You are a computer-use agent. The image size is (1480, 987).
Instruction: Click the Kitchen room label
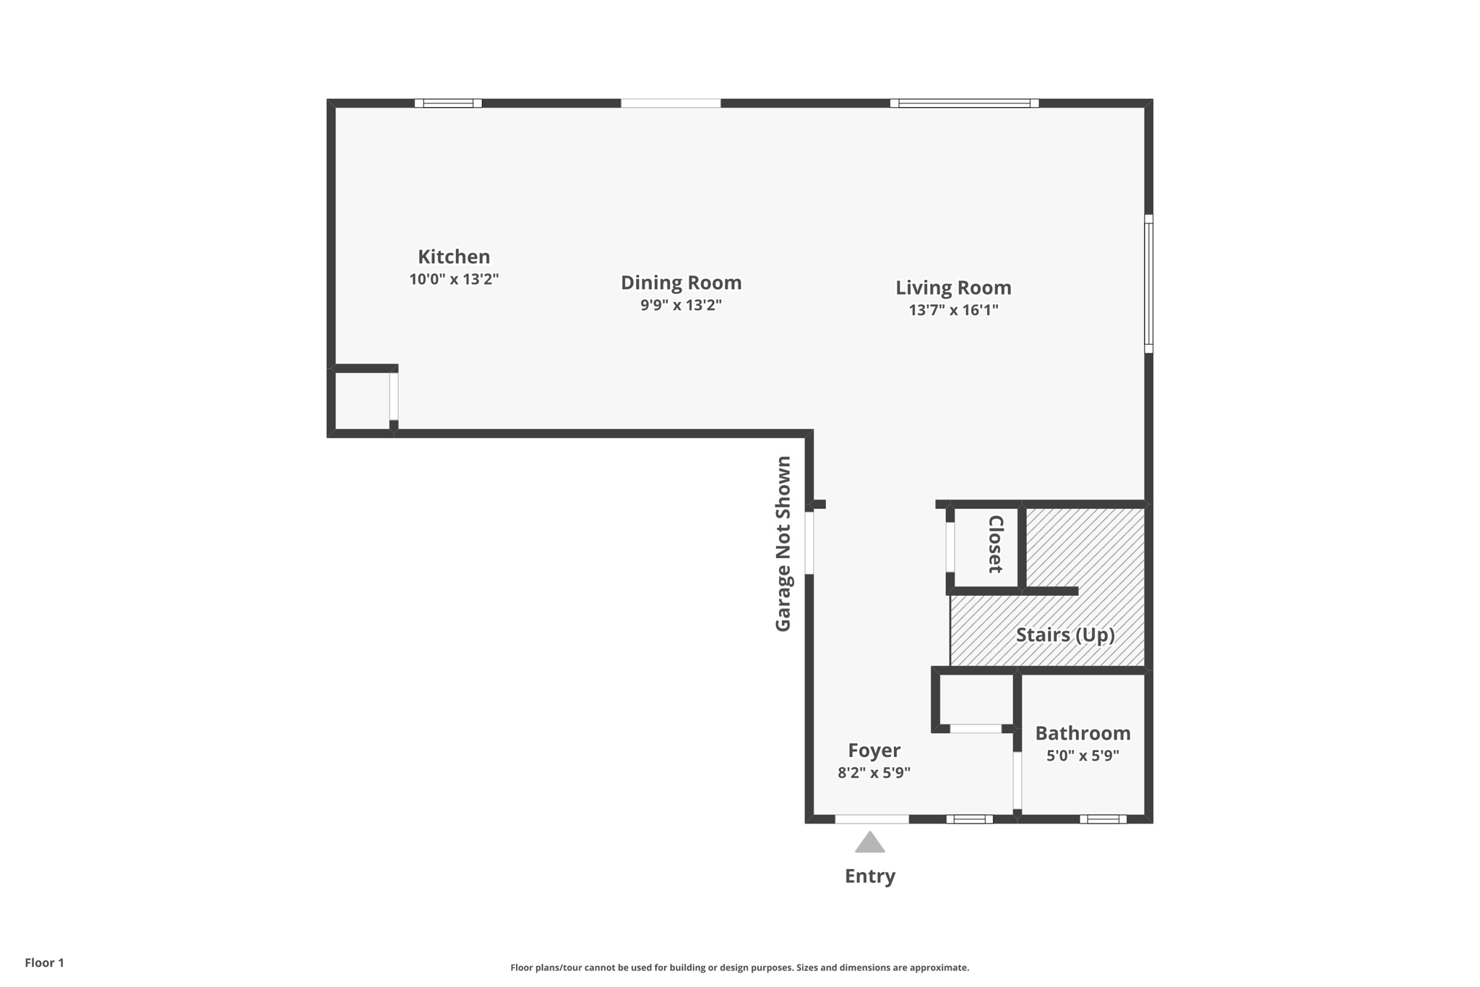click(x=454, y=257)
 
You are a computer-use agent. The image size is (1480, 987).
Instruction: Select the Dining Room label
click(x=681, y=283)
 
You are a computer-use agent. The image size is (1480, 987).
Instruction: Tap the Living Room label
click(x=953, y=288)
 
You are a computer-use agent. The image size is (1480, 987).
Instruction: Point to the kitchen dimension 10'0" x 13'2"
click(x=454, y=279)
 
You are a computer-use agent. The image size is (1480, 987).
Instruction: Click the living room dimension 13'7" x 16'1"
click(x=953, y=310)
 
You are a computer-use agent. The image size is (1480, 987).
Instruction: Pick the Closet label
click(x=995, y=544)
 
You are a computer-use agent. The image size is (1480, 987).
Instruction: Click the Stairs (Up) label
click(x=1064, y=635)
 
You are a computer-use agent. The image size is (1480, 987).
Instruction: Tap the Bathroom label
click(x=1083, y=733)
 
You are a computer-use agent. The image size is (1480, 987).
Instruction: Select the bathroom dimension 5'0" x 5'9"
click(x=1083, y=756)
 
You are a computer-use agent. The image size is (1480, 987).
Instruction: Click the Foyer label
click(x=874, y=751)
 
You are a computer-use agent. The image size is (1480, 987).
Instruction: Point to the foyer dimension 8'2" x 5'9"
click(x=874, y=773)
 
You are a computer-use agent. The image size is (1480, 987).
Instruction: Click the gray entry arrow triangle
click(x=870, y=843)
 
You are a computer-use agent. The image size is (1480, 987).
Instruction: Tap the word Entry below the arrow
click(x=870, y=876)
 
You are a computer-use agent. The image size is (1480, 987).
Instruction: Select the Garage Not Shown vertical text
click(x=783, y=544)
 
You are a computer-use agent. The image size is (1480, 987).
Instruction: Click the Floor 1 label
click(x=44, y=963)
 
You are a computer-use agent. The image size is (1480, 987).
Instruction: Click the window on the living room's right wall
click(x=1148, y=283)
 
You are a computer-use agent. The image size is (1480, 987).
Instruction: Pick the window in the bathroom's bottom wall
click(x=1103, y=819)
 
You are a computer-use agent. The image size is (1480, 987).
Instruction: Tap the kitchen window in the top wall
click(x=448, y=103)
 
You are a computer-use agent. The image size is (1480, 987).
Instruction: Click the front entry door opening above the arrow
click(x=872, y=819)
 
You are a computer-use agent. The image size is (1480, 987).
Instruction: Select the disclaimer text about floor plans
click(x=739, y=967)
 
